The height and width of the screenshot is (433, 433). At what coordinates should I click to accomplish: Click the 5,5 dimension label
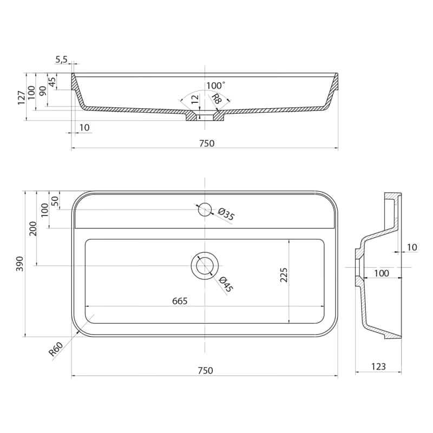(x=61, y=60)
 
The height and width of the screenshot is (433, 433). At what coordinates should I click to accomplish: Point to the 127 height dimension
(x=22, y=97)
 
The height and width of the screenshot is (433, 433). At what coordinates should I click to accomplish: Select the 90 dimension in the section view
(x=43, y=91)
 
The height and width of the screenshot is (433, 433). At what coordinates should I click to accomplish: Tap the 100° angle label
(x=215, y=86)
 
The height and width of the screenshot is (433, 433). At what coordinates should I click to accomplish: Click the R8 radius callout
(x=216, y=99)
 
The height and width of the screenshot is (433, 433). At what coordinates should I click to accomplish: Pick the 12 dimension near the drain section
(x=195, y=100)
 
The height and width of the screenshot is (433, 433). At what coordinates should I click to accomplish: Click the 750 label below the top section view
(x=207, y=143)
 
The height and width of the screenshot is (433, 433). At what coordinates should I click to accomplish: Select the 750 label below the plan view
(x=205, y=371)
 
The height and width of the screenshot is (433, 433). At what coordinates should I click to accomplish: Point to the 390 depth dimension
(x=19, y=264)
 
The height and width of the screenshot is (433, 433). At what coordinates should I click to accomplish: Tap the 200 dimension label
(x=33, y=228)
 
